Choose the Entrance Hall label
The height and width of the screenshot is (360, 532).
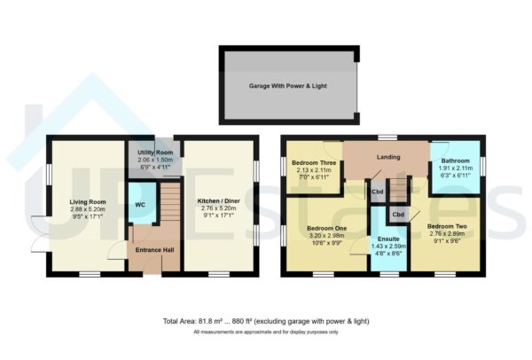[x=154, y=251]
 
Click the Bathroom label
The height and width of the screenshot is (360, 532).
[x=456, y=160]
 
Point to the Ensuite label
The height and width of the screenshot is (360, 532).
[x=388, y=239]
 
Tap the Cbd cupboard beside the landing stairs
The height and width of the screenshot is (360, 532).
[x=378, y=192]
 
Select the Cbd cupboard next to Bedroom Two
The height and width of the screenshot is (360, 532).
[x=399, y=215]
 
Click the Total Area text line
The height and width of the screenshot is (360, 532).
[x=266, y=320]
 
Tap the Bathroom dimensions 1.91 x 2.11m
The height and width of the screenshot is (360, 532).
[x=456, y=168]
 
